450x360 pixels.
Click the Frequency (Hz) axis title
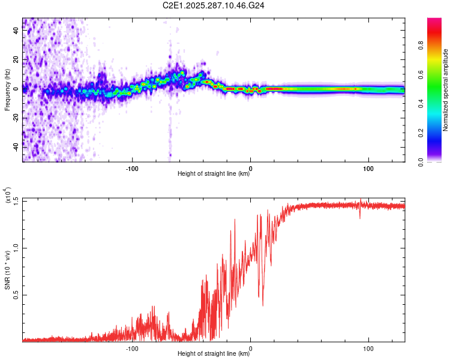[7, 91]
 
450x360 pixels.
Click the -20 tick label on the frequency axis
[16, 118]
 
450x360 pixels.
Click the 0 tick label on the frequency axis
[16, 88]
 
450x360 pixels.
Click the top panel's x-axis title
[214, 174]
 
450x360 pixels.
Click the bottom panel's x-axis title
[214, 353]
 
